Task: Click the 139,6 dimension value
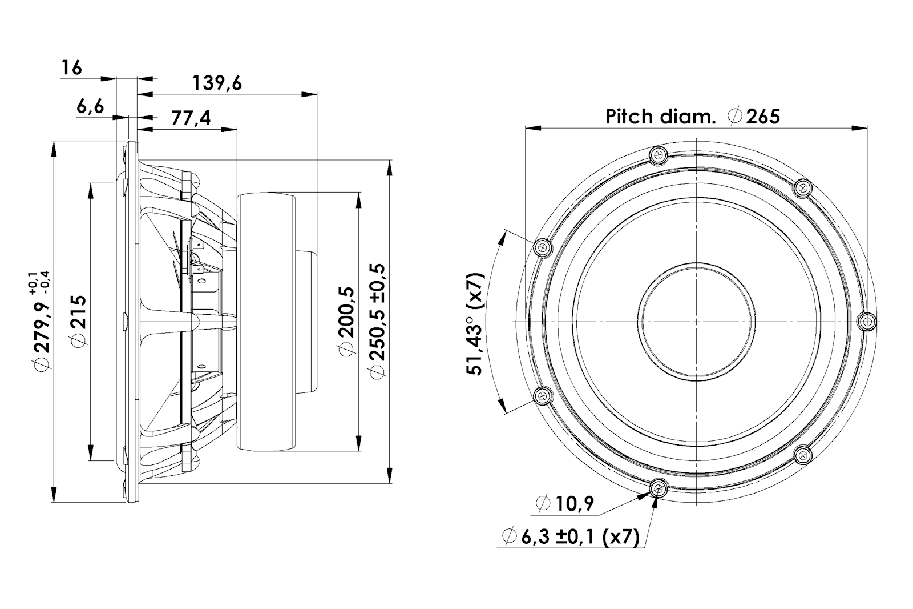(x=217, y=83)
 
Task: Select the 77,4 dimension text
(x=191, y=118)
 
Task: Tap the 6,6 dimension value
(x=90, y=107)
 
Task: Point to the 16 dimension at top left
(x=71, y=68)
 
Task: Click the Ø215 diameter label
(x=79, y=321)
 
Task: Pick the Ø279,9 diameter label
(x=42, y=321)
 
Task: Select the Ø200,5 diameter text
(x=346, y=321)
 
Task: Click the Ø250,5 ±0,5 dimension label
(x=377, y=321)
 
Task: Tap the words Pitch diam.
(x=661, y=117)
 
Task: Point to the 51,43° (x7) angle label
(x=474, y=324)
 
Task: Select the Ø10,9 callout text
(x=565, y=504)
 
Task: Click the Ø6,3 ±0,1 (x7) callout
(x=571, y=537)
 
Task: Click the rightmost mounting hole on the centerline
(x=867, y=322)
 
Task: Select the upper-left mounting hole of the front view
(x=543, y=247)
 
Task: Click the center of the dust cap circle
(x=697, y=322)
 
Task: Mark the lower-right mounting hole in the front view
(x=803, y=455)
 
